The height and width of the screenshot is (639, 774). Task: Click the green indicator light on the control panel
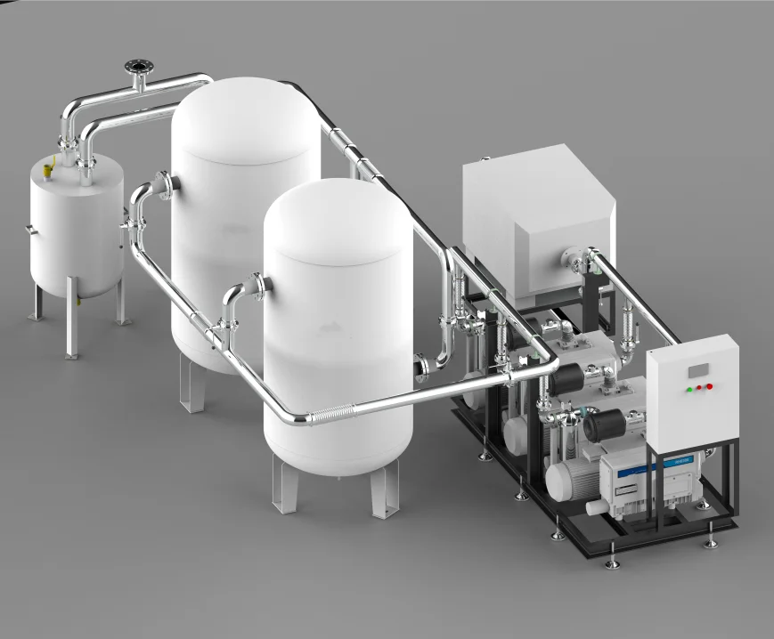(x=688, y=389)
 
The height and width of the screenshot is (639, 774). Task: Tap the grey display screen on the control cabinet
(x=699, y=368)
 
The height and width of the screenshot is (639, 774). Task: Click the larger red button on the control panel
(x=710, y=386)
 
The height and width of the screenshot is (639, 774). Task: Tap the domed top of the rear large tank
(x=246, y=111)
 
